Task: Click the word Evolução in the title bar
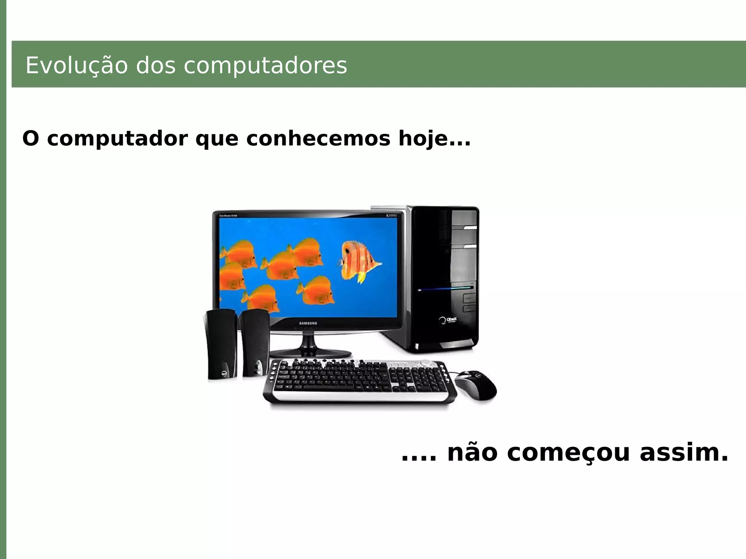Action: click(76, 66)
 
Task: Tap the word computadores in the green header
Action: click(265, 66)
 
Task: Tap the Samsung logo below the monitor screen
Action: click(308, 323)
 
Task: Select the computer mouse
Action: click(476, 385)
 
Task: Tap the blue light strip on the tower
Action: click(446, 289)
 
